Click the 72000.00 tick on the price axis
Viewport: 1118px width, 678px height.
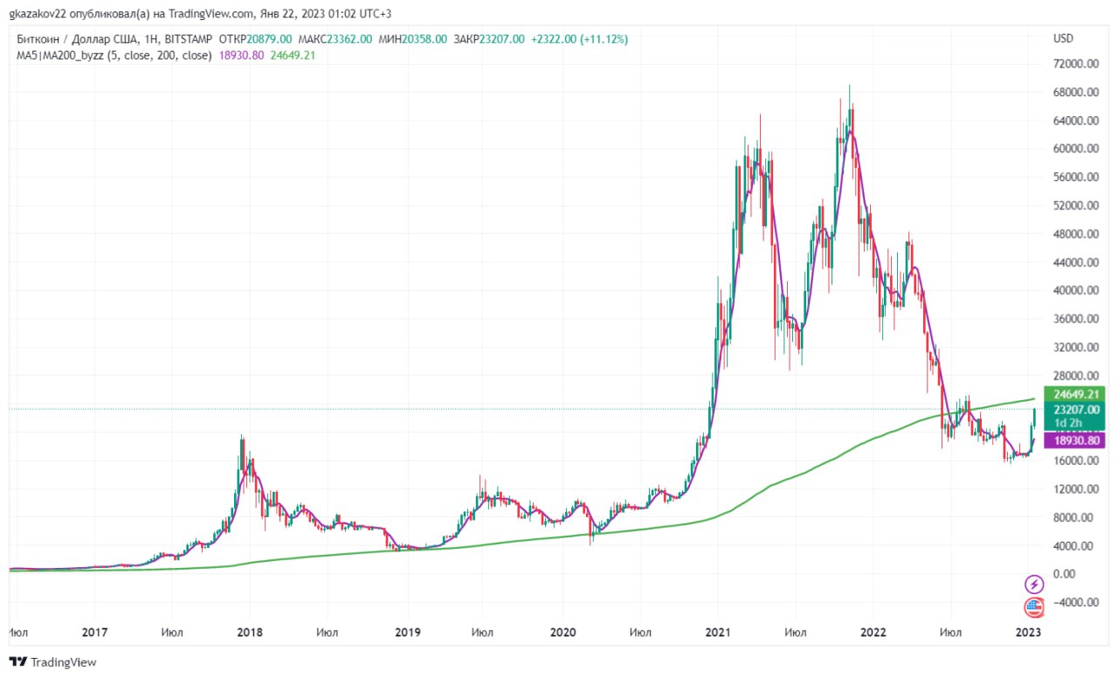click(x=1075, y=64)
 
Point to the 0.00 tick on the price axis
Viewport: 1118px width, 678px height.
click(x=1064, y=574)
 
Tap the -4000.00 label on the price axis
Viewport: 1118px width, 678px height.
click(x=1075, y=603)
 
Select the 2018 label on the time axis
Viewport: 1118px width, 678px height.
click(x=250, y=633)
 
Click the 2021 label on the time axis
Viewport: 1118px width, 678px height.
click(x=718, y=633)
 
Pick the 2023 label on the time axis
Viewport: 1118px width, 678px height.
click(x=1028, y=633)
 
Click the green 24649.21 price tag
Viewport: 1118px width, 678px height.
click(x=1074, y=394)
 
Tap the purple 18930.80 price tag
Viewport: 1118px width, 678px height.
click(x=1074, y=440)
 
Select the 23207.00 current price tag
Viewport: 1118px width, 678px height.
click(x=1074, y=410)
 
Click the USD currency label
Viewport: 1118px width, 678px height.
click(x=1063, y=38)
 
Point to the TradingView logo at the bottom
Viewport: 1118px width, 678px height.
click(x=53, y=662)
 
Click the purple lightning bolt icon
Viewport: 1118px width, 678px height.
click(x=1034, y=585)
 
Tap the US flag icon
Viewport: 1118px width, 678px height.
click(x=1034, y=607)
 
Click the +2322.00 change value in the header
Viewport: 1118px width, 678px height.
click(x=554, y=39)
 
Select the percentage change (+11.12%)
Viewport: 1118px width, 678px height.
click(x=604, y=39)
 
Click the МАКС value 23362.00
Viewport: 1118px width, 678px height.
click(x=349, y=39)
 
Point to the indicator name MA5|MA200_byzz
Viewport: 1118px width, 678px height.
click(x=60, y=55)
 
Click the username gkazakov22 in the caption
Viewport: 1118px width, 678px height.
click(x=38, y=14)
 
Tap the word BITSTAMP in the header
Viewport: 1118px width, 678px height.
click(x=188, y=39)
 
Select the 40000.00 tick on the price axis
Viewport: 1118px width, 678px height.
click(x=1075, y=291)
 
